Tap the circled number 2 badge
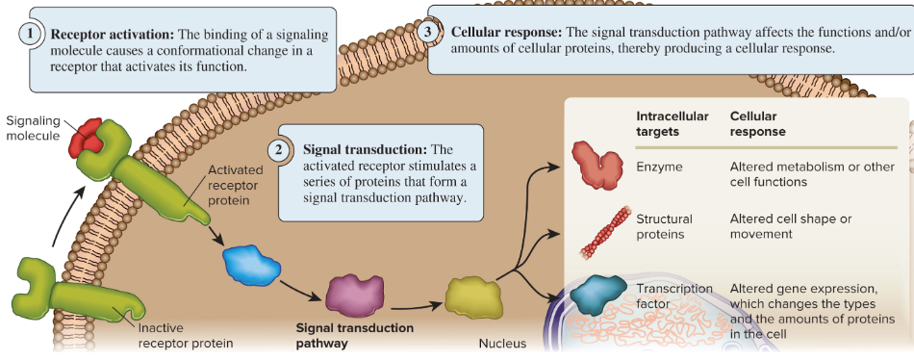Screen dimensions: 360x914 [x=278, y=149]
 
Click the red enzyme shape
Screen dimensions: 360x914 [x=599, y=165]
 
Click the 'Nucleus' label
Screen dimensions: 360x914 [x=502, y=344]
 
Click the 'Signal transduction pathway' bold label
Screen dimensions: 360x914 [x=354, y=335]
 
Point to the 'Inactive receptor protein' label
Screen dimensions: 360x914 [x=185, y=335]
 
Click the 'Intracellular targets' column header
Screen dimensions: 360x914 [x=665, y=122]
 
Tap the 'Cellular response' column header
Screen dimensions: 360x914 [x=758, y=122]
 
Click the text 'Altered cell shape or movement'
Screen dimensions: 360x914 [x=791, y=226]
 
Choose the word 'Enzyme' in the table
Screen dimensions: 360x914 [x=659, y=167]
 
